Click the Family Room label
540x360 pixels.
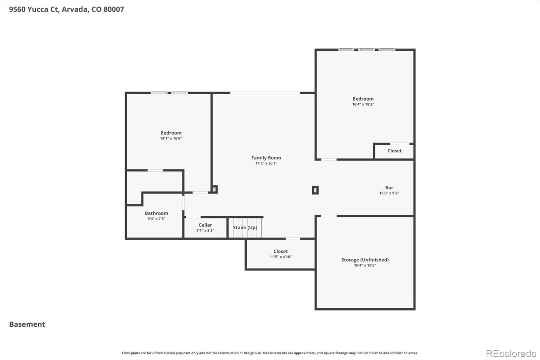(x=266, y=158)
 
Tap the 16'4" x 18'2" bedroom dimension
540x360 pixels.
(x=363, y=104)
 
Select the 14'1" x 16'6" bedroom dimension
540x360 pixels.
(x=171, y=138)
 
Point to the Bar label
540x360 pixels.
(x=389, y=187)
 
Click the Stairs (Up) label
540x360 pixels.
(x=245, y=228)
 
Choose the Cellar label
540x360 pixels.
(x=205, y=225)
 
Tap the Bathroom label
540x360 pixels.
(x=157, y=213)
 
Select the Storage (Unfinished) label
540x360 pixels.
(x=365, y=260)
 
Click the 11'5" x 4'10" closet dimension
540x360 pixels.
(x=280, y=257)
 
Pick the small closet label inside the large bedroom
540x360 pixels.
(x=395, y=151)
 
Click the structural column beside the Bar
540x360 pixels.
(x=315, y=190)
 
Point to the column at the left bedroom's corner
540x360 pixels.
(x=214, y=189)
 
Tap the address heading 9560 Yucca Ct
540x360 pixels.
(x=34, y=9)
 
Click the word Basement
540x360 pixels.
(x=27, y=324)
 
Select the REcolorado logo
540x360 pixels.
(x=511, y=354)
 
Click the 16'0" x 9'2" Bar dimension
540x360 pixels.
(x=389, y=193)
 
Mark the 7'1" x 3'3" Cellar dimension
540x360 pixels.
(x=205, y=230)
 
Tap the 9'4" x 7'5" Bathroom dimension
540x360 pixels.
(x=157, y=219)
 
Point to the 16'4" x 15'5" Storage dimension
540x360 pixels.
(x=365, y=265)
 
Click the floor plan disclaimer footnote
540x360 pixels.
(x=270, y=353)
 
